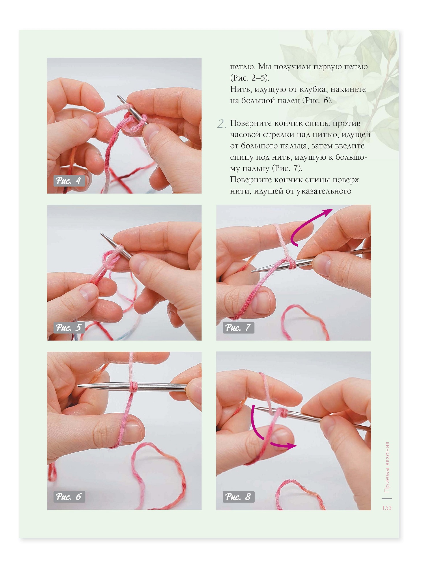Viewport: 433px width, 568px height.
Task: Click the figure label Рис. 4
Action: pos(69,181)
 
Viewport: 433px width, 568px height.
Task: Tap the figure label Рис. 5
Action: pos(69,328)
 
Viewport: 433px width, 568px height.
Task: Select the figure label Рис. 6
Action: pos(69,497)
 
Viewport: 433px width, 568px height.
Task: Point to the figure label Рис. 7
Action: pos(238,328)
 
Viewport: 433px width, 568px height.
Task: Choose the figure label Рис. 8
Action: pos(238,497)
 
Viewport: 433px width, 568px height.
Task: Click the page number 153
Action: pos(387,508)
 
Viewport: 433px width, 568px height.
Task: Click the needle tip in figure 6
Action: pos(78,386)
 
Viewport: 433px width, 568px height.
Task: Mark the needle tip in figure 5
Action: pos(102,234)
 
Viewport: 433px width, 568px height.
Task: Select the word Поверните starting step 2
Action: pos(251,124)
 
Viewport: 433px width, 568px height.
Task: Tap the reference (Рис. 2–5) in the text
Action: pos(250,78)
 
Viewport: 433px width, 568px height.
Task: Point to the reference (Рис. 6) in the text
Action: pos(317,100)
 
